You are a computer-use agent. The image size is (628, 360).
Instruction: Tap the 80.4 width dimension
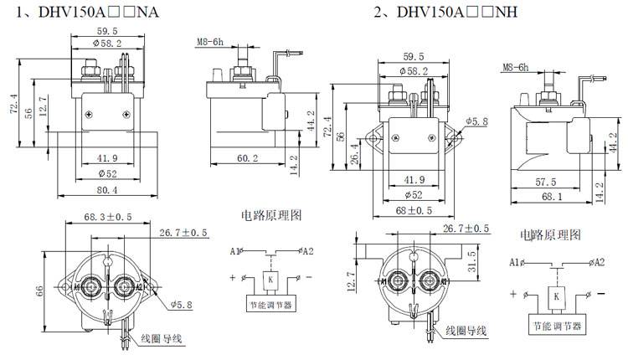coord(106,189)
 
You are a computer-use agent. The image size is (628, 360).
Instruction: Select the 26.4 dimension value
coord(355,156)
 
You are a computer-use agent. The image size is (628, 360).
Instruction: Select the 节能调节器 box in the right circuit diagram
coord(557,324)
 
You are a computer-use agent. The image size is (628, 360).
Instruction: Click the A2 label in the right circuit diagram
coord(598,262)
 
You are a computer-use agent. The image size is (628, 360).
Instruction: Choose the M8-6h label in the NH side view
coord(516,68)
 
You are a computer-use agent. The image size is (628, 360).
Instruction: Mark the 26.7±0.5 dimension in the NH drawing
coord(464,229)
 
